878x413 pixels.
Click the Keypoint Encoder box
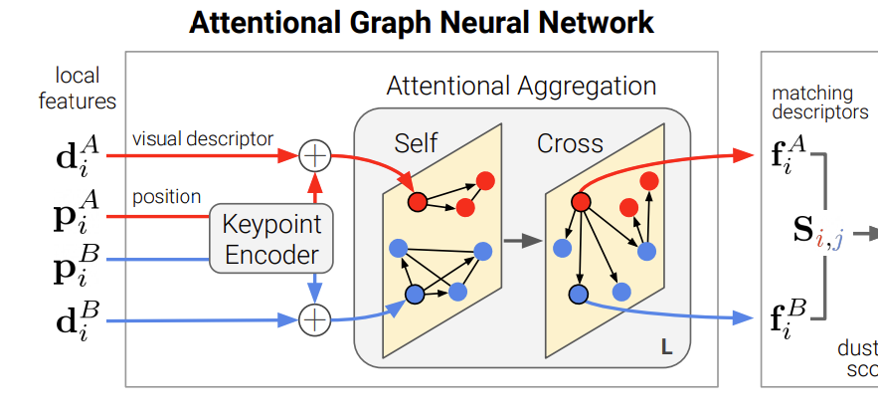[270, 239]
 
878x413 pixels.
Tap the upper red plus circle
[314, 156]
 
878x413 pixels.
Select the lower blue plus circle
[314, 319]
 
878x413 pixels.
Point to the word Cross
[570, 142]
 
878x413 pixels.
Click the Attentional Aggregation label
[521, 87]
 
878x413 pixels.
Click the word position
[167, 197]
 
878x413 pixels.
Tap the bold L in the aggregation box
[666, 347]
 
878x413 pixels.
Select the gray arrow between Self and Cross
[517, 240]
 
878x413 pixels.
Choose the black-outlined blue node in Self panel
[415, 295]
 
